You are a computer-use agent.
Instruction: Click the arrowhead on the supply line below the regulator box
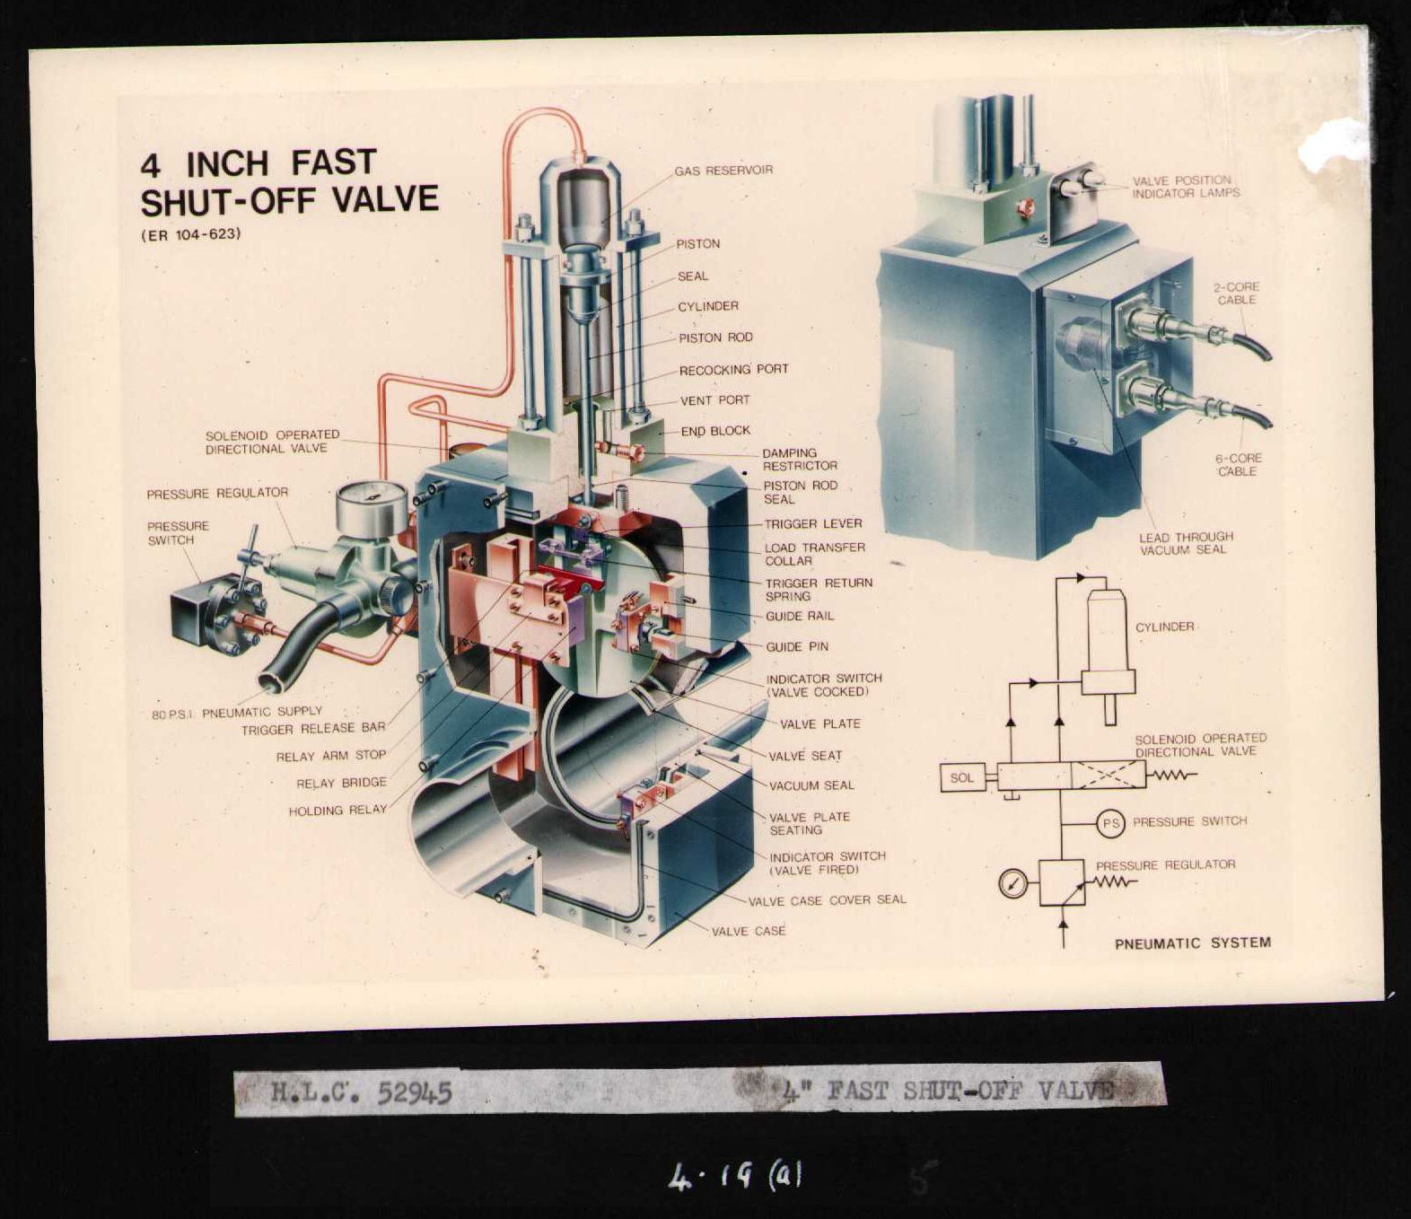click(1063, 924)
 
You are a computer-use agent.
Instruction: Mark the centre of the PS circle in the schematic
click(1110, 824)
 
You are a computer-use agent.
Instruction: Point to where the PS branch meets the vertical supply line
click(1062, 824)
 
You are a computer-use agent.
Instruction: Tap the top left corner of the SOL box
click(941, 765)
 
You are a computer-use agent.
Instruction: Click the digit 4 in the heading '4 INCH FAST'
click(150, 165)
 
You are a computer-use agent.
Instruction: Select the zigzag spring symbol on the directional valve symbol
click(1171, 776)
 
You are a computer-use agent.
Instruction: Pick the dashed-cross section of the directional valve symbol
click(1108, 776)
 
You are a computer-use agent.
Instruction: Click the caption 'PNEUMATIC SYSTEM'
click(1193, 943)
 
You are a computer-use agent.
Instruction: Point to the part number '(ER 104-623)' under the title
click(191, 234)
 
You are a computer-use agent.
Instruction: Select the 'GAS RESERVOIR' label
click(723, 170)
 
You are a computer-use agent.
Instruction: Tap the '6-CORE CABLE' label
click(1238, 464)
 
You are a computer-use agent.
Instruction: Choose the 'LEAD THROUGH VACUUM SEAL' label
click(1186, 542)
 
